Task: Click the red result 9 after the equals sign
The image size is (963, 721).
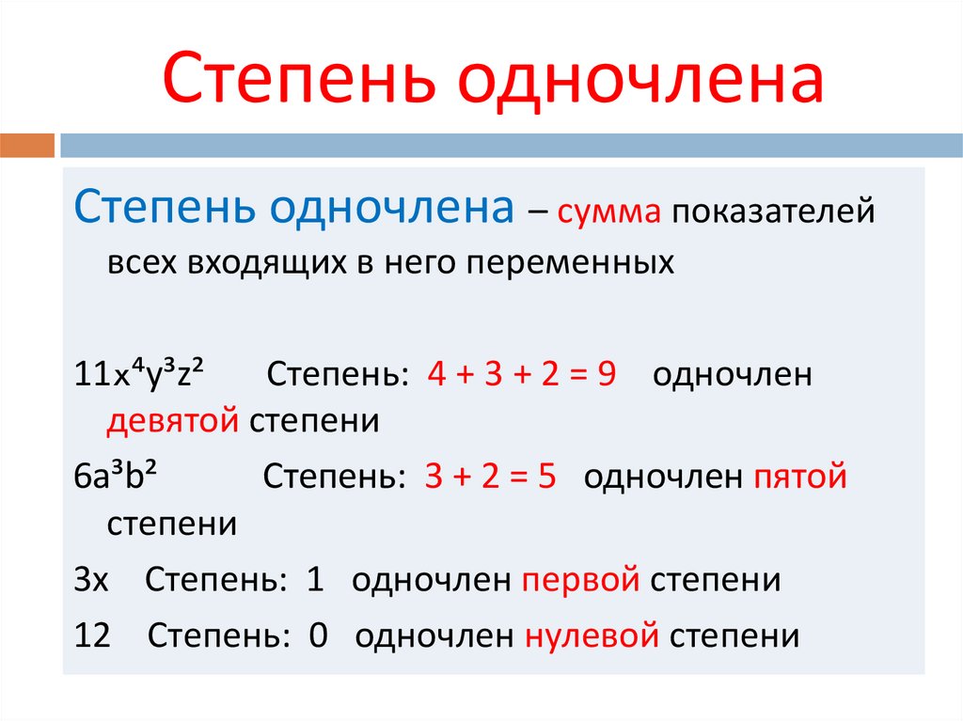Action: pyautogui.click(x=606, y=374)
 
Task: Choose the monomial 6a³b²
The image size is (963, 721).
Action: pyautogui.click(x=115, y=478)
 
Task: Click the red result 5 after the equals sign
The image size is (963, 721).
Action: pyautogui.click(x=546, y=478)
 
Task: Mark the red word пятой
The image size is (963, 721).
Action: pyautogui.click(x=800, y=478)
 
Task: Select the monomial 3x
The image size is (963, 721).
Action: pyautogui.click(x=91, y=580)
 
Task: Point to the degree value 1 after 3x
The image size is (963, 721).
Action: pyautogui.click(x=315, y=580)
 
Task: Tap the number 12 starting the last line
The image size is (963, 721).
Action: pyautogui.click(x=92, y=636)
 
